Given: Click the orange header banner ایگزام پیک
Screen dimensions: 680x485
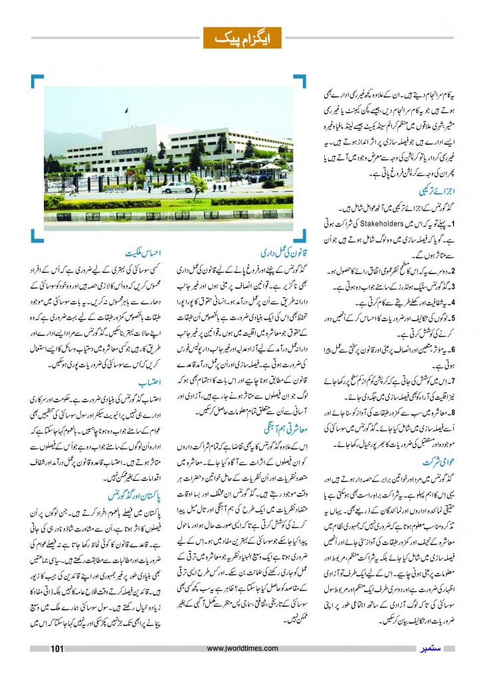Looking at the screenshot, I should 242,37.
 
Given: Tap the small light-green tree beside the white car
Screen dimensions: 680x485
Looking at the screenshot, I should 198,184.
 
